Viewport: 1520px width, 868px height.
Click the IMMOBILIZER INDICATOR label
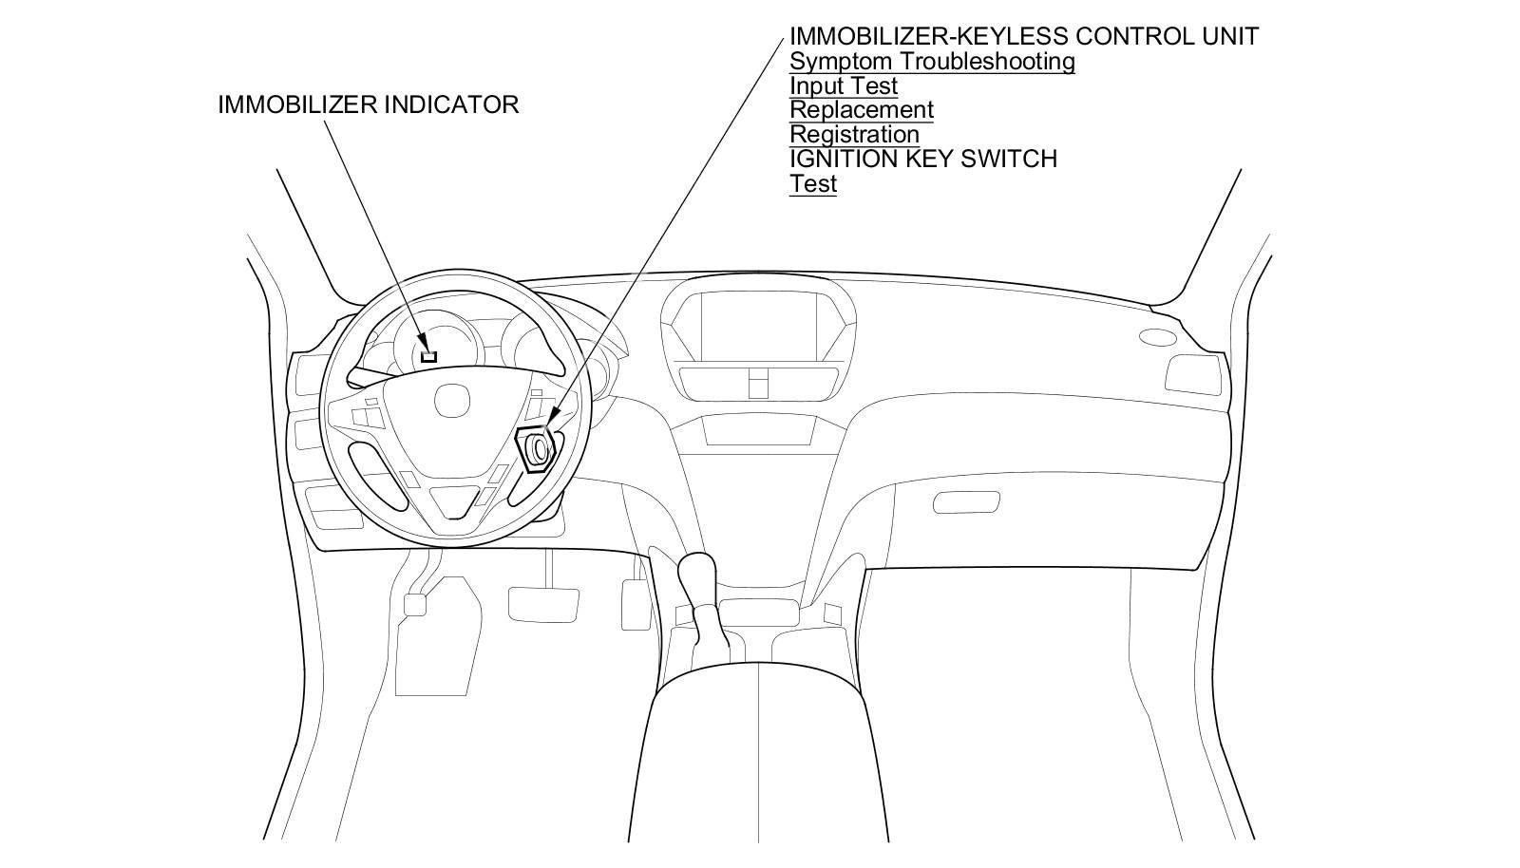pyautogui.click(x=368, y=104)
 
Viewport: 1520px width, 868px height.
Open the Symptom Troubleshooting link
pyautogui.click(x=932, y=62)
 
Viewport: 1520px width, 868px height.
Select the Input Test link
pyautogui.click(x=844, y=86)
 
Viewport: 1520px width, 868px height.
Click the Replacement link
pyautogui.click(x=862, y=110)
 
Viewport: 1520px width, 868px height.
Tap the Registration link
pyautogui.click(x=854, y=135)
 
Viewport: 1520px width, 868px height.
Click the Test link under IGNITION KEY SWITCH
pyautogui.click(x=812, y=183)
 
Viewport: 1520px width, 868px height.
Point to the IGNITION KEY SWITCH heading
pyautogui.click(x=922, y=159)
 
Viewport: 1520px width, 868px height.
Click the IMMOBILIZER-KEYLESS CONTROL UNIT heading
pyautogui.click(x=1024, y=37)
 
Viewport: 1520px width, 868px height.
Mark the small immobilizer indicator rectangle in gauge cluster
pyautogui.click(x=428, y=356)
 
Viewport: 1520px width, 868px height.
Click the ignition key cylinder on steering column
pyautogui.click(x=539, y=447)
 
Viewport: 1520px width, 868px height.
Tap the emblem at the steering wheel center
pyautogui.click(x=452, y=400)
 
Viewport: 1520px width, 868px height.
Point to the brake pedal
pyautogui.click(x=543, y=602)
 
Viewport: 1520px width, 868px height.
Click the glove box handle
pyautogui.click(x=966, y=501)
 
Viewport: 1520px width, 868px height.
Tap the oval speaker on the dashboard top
pyautogui.click(x=1156, y=337)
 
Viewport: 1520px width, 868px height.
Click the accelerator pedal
pyautogui.click(x=635, y=604)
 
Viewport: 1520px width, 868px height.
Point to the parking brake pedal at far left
pyautogui.click(x=415, y=604)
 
